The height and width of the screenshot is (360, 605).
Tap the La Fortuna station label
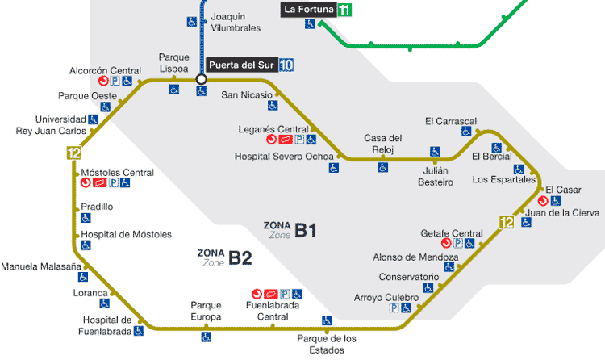(x=309, y=10)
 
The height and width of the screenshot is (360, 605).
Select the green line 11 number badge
(x=345, y=10)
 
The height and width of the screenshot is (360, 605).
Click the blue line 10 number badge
(x=286, y=65)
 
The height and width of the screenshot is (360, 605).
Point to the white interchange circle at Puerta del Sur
(x=202, y=79)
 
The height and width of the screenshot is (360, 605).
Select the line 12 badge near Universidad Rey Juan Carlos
(x=74, y=153)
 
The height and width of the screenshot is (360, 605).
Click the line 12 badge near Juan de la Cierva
(x=507, y=222)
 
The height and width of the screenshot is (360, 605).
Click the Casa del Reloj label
(x=383, y=143)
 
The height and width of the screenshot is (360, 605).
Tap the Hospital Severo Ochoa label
(x=278, y=156)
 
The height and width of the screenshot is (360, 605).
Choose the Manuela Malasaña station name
(x=41, y=266)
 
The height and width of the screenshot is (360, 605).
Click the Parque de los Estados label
(x=326, y=344)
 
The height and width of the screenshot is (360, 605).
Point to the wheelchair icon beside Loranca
(x=104, y=303)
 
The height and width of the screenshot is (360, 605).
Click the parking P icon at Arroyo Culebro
(x=394, y=308)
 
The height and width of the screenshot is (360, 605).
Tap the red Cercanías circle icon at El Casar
(x=543, y=200)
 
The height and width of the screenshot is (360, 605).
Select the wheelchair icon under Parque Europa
(x=206, y=337)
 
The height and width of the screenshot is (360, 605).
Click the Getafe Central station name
(x=451, y=233)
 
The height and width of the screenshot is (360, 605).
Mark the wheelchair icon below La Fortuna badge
(x=310, y=25)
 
